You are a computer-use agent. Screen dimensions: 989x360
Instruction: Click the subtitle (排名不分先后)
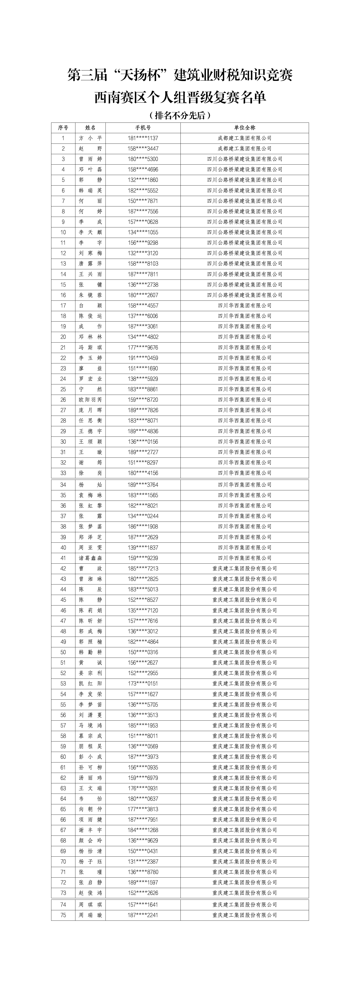coord(180,115)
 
